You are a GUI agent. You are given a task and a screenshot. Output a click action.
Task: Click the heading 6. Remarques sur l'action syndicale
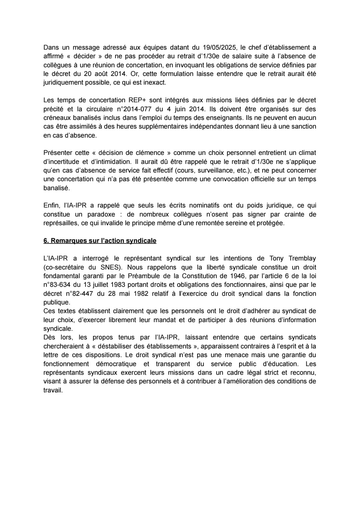100,241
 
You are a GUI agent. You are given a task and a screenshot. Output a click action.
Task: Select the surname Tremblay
302,258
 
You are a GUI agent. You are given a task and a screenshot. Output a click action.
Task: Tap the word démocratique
116,364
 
